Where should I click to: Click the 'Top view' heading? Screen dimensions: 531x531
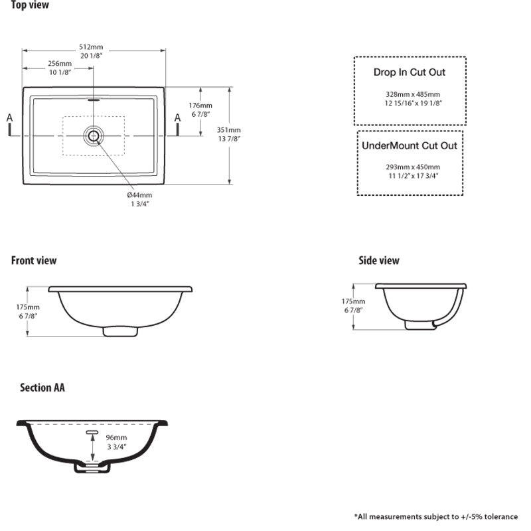click(x=30, y=6)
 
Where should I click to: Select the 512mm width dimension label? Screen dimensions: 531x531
click(x=92, y=47)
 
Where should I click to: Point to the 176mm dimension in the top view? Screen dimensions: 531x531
click(x=200, y=106)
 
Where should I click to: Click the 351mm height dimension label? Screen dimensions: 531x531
click(x=229, y=130)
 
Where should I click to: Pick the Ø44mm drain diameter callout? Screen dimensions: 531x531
click(x=139, y=195)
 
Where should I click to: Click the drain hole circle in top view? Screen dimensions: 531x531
click(x=93, y=135)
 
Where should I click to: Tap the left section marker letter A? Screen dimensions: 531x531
click(x=10, y=118)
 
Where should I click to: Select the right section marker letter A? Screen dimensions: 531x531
click(x=177, y=118)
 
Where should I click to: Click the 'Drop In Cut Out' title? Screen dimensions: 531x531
click(x=410, y=72)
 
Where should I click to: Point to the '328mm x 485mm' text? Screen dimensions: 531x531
click(x=412, y=94)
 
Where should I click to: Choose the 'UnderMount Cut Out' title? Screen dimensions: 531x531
click(x=410, y=145)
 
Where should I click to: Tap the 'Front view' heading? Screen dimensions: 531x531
click(x=34, y=261)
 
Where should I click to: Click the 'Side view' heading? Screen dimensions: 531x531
click(x=379, y=261)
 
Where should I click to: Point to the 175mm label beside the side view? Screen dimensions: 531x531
click(x=354, y=301)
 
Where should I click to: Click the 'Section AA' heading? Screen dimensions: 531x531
click(x=42, y=388)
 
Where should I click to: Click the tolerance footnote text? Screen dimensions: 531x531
click(x=436, y=516)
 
